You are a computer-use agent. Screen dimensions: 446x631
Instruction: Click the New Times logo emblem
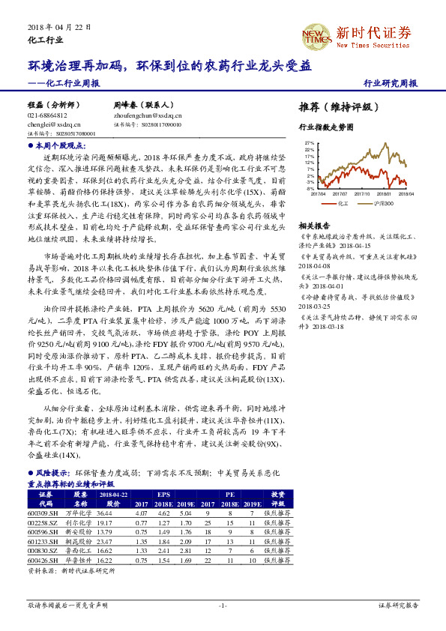315,34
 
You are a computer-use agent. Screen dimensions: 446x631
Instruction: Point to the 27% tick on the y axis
310,142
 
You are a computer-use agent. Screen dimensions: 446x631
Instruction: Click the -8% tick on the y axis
310,189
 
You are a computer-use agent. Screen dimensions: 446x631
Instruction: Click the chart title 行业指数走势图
325,127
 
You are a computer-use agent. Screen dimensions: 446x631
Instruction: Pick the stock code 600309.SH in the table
43,513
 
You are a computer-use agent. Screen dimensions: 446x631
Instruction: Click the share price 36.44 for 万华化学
105,513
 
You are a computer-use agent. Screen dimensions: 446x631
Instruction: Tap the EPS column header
163,495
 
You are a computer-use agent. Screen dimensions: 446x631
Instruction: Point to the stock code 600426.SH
43,559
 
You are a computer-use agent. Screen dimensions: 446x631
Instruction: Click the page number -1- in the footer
223,605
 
